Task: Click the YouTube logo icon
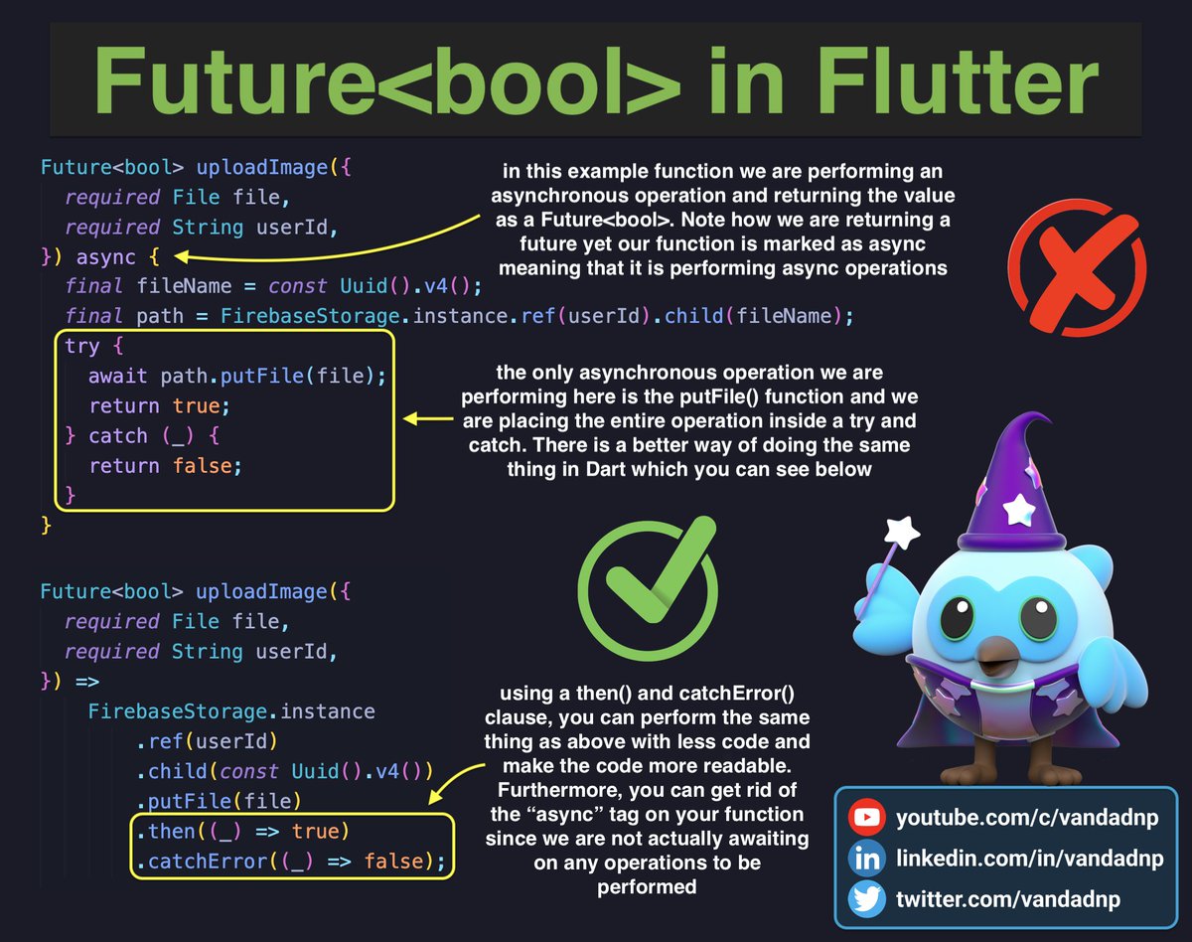tap(867, 818)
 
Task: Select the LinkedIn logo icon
tap(867, 859)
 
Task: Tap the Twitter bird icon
tap(867, 899)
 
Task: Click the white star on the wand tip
tap(903, 530)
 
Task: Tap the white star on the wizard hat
tap(1019, 509)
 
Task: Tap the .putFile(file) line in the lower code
tap(219, 801)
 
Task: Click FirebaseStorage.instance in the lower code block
tap(231, 711)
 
